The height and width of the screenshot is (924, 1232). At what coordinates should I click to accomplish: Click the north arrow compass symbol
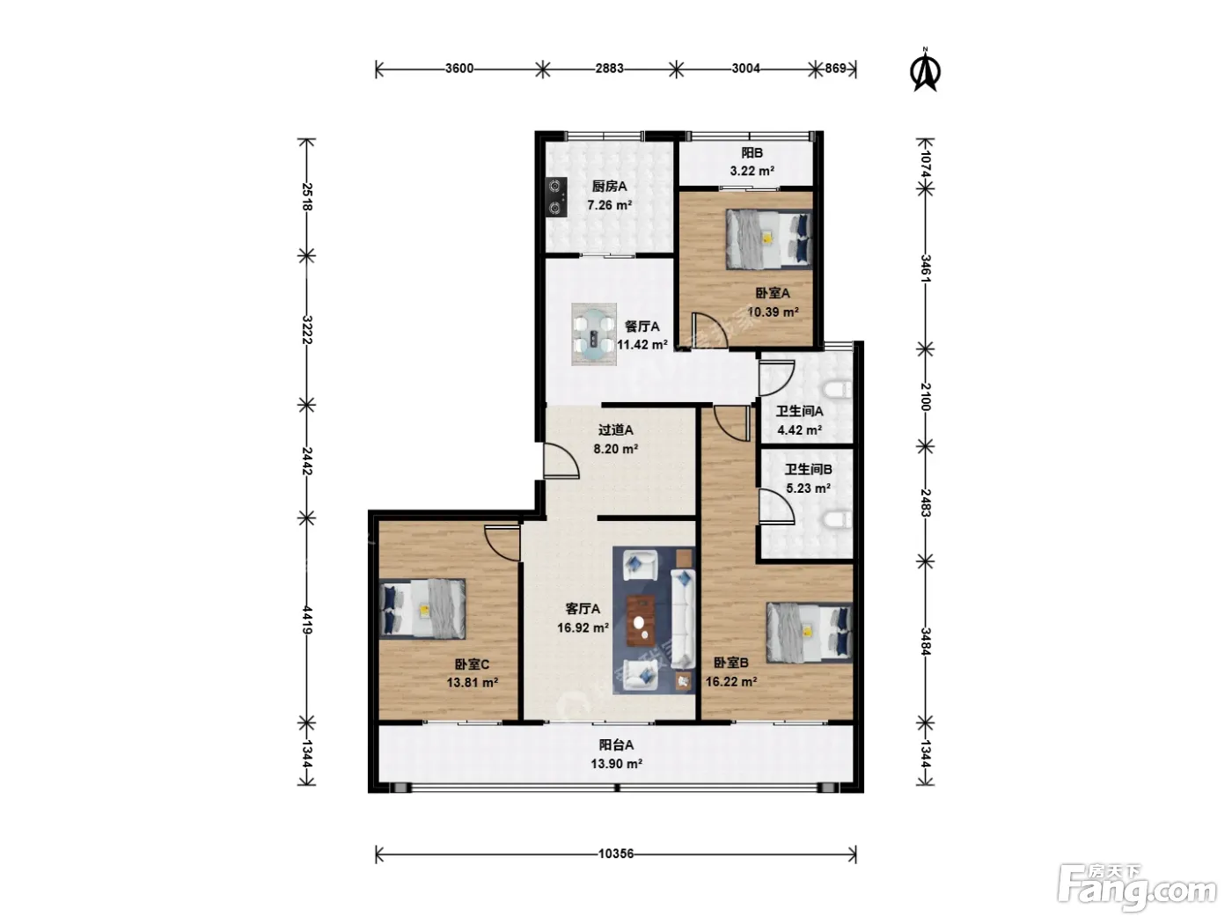click(x=926, y=70)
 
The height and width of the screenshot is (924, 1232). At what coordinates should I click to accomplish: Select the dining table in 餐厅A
click(x=594, y=334)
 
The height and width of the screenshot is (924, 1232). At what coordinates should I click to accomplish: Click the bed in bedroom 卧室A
click(x=769, y=239)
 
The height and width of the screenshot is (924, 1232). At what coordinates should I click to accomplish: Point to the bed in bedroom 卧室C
click(x=422, y=609)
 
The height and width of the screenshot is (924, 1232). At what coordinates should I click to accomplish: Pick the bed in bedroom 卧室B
click(x=810, y=633)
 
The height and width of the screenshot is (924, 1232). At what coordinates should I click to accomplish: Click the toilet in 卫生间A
click(x=838, y=390)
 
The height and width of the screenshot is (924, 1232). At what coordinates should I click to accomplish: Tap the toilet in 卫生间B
click(x=838, y=519)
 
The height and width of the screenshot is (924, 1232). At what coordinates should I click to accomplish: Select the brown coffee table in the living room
click(x=641, y=620)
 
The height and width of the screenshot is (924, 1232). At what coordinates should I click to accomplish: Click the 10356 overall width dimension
click(x=616, y=854)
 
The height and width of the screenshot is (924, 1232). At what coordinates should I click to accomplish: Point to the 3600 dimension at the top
click(x=459, y=69)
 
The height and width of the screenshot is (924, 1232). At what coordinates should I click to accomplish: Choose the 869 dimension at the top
click(x=835, y=68)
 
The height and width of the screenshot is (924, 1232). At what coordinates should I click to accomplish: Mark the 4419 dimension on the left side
click(x=307, y=620)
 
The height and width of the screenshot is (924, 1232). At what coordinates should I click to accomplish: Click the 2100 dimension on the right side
click(x=926, y=397)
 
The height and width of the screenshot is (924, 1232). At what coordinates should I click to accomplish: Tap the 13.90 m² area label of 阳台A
click(x=616, y=764)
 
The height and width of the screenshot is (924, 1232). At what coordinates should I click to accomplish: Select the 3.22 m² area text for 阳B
click(x=752, y=171)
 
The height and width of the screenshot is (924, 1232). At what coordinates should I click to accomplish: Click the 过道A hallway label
click(x=616, y=429)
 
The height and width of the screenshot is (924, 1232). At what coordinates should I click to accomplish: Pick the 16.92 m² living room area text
click(x=583, y=627)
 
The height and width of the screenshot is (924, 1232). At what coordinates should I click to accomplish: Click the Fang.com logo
click(x=1137, y=888)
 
